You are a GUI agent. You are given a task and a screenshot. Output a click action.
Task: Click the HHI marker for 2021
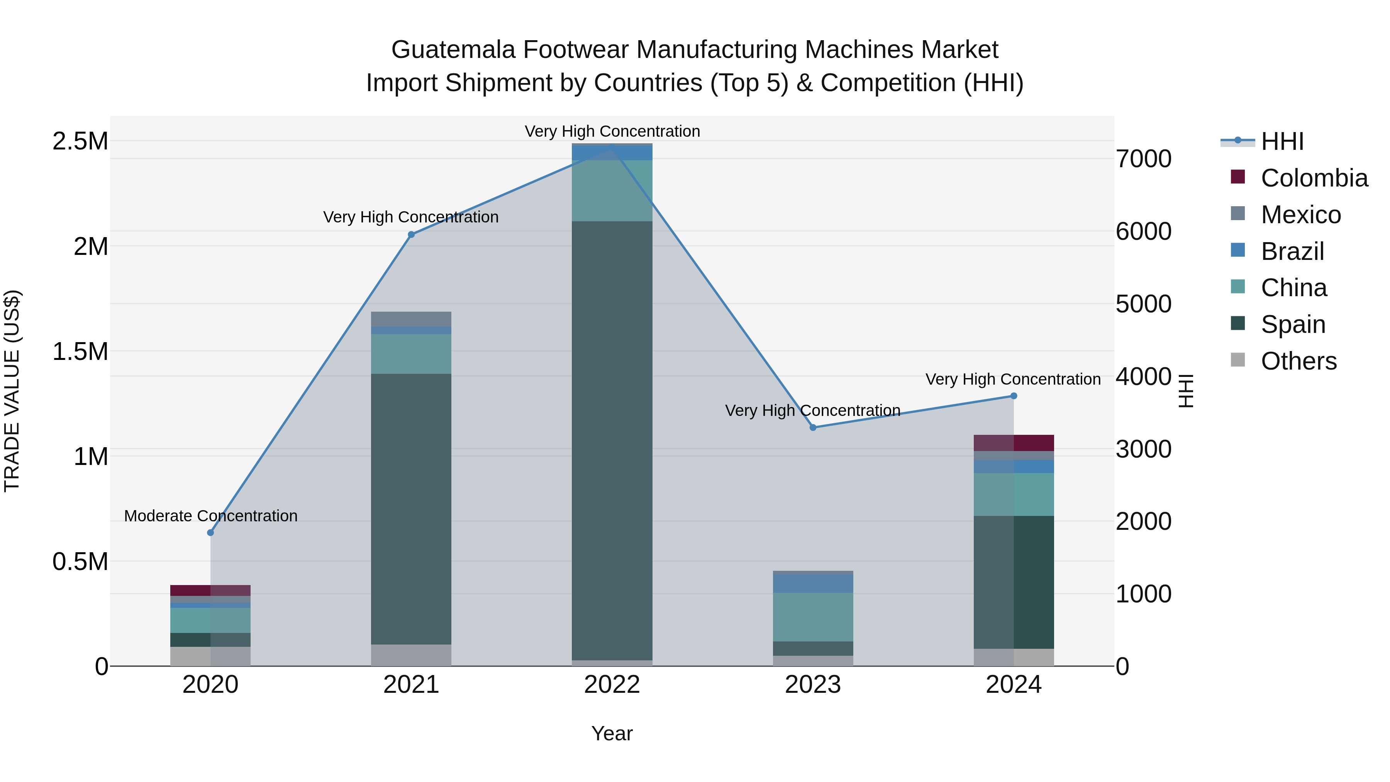411,234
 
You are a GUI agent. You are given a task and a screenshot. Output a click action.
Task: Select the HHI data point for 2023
813,427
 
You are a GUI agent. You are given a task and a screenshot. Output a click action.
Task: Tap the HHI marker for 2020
210,533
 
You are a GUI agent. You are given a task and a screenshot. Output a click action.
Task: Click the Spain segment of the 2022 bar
612,440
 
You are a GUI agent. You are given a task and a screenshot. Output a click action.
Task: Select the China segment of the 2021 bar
411,353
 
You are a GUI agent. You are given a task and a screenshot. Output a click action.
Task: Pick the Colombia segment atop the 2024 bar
1014,443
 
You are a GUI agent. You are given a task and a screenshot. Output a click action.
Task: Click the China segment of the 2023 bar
813,617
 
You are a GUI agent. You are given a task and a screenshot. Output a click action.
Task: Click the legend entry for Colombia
1314,178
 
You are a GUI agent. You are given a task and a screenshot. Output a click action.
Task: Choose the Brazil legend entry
1292,251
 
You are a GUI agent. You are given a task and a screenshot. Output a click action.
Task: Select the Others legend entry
1298,361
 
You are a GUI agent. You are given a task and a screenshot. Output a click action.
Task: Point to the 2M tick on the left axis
91,247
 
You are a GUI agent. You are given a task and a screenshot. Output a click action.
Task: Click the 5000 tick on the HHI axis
1143,304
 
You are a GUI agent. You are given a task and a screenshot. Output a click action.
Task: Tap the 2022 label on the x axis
612,685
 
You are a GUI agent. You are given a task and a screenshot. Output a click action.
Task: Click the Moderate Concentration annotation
210,516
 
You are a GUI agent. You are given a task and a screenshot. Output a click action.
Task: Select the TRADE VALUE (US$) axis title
12,391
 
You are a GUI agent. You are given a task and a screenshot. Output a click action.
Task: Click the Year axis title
612,733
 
